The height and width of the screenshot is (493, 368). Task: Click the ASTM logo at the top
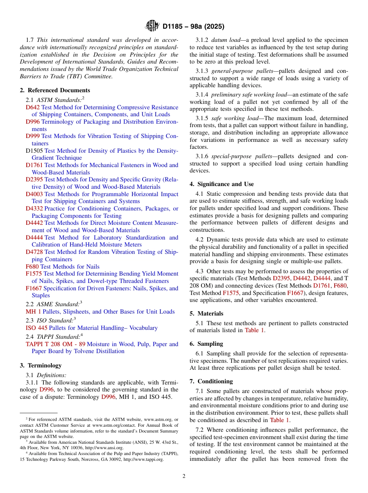(x=152, y=26)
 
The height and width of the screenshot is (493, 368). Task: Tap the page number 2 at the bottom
(x=184, y=476)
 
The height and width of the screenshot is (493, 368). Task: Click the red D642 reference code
(x=33, y=107)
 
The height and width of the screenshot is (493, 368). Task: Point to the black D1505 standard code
(x=34, y=151)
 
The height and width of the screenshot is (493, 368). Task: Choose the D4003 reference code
(x=34, y=194)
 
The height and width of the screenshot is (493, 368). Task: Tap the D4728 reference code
(x=34, y=252)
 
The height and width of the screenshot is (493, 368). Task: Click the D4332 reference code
(x=34, y=209)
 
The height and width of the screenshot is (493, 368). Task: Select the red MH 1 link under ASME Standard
(x=33, y=312)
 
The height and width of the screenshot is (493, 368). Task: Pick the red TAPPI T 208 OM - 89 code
(x=55, y=344)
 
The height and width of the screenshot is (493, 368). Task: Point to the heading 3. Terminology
(x=41, y=365)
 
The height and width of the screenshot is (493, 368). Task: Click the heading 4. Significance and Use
(x=222, y=184)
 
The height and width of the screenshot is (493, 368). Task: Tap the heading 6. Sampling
(x=206, y=344)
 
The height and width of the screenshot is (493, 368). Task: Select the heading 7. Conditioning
(x=211, y=381)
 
